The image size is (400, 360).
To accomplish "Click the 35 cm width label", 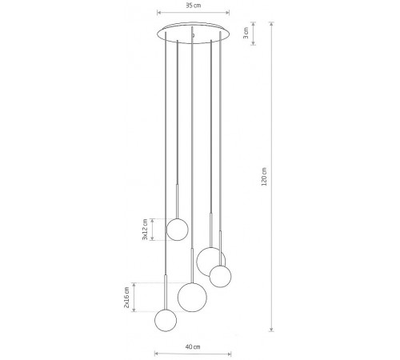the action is point(194,6).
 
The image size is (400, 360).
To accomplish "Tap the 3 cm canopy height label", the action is point(246,33).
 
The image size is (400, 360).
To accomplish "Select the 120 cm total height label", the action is point(264,177).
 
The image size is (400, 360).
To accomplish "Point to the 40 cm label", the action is point(193,346).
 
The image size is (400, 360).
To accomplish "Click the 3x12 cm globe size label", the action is point(145,230).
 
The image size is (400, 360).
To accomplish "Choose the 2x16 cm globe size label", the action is point(126,298).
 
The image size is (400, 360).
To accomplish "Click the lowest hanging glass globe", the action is point(166,320).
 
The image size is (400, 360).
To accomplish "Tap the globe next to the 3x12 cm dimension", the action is point(178,230).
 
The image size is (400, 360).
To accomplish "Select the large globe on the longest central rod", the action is point(192,297).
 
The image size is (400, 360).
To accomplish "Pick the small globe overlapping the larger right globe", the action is point(220,276).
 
